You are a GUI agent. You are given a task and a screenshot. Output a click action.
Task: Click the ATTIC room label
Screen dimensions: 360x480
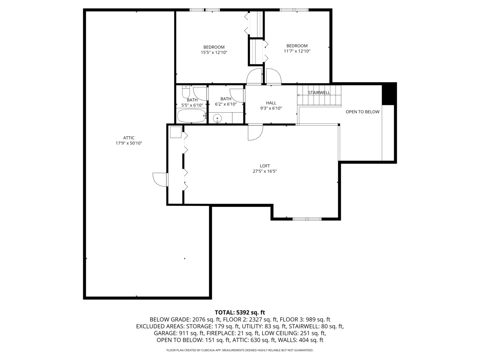129,138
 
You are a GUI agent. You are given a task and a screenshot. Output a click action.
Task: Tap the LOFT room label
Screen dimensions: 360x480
265,166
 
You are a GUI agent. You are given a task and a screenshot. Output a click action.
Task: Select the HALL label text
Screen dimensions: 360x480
271,103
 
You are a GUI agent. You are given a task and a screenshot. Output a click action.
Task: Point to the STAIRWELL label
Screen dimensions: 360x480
319,93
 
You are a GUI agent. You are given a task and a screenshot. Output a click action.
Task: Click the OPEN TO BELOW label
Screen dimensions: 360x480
362,112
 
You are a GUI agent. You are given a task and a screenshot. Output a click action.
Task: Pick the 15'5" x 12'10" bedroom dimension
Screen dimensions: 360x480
214,52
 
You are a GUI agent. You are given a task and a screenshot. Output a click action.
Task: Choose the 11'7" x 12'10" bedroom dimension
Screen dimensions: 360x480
297,51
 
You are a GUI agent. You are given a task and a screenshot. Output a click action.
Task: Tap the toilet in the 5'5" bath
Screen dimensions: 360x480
186,91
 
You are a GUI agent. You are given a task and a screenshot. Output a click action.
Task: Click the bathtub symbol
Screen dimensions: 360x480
191,116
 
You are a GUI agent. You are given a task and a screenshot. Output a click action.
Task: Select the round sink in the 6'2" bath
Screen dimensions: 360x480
217,118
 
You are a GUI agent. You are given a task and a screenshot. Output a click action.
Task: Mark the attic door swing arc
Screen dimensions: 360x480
159,179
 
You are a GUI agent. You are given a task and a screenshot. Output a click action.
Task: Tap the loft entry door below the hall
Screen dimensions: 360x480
255,132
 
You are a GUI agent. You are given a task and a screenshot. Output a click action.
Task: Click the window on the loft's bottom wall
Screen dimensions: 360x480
307,219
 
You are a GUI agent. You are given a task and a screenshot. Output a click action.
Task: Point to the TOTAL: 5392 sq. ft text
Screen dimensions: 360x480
240,312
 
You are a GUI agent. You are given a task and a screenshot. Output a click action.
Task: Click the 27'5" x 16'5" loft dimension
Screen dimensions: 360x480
265,171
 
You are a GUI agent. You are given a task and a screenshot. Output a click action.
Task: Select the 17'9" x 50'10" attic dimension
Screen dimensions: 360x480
129,143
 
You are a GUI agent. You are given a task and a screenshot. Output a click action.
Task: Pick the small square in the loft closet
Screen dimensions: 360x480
175,132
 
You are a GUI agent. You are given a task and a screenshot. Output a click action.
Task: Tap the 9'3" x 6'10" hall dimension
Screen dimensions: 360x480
271,108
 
